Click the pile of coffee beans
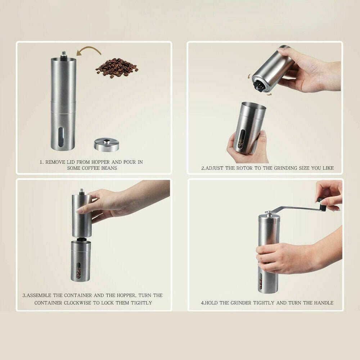116,67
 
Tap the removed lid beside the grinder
107,144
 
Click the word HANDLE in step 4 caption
325,303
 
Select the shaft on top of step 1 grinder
63,54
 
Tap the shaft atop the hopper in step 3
82,191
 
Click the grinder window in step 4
260,281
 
